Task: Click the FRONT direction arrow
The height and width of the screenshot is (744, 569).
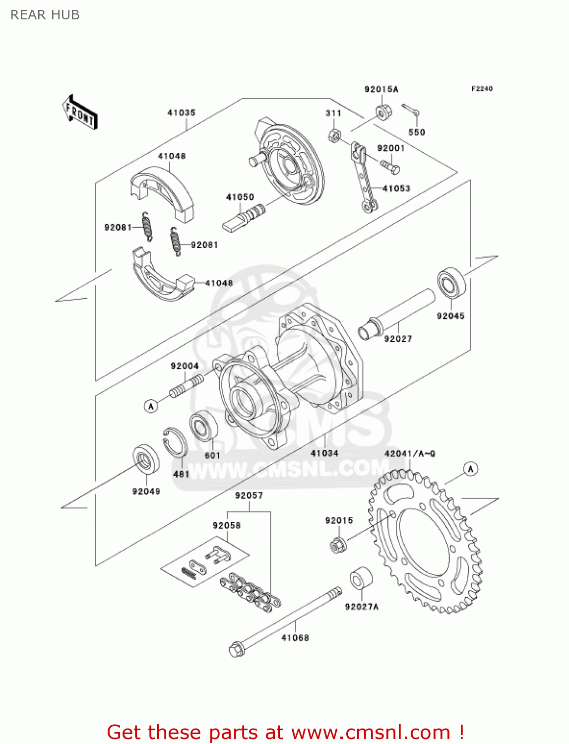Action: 80,113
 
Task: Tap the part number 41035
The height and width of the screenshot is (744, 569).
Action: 182,113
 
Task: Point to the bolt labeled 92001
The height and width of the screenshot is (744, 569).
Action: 390,167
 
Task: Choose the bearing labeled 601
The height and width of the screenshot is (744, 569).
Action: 204,426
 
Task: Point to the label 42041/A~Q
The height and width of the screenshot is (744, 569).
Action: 410,453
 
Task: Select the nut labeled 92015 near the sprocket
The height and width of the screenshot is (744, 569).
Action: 338,545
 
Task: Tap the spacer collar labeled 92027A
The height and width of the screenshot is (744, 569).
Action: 361,579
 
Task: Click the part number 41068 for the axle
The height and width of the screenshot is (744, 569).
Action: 295,638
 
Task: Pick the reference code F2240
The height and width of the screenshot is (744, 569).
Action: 482,89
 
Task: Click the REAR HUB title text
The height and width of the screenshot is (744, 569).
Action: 45,15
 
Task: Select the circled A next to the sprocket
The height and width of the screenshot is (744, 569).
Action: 470,469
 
